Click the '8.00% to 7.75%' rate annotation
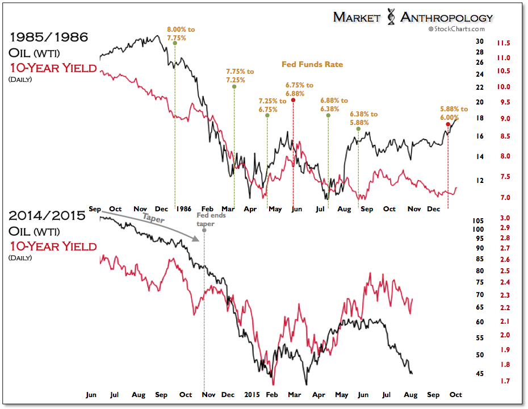(175, 32)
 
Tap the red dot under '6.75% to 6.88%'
(293, 100)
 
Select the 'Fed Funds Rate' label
(312, 65)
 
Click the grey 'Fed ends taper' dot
(204, 230)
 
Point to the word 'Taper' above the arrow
(153, 218)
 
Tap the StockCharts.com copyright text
(456, 29)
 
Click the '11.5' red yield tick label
(503, 43)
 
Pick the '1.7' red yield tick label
(504, 380)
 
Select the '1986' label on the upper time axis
(182, 208)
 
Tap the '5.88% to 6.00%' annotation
(454, 112)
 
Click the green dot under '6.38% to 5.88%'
(358, 129)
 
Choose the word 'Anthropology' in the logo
(447, 18)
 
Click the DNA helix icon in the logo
(391, 18)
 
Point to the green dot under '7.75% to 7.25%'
(234, 86)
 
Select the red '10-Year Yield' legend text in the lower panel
(53, 247)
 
